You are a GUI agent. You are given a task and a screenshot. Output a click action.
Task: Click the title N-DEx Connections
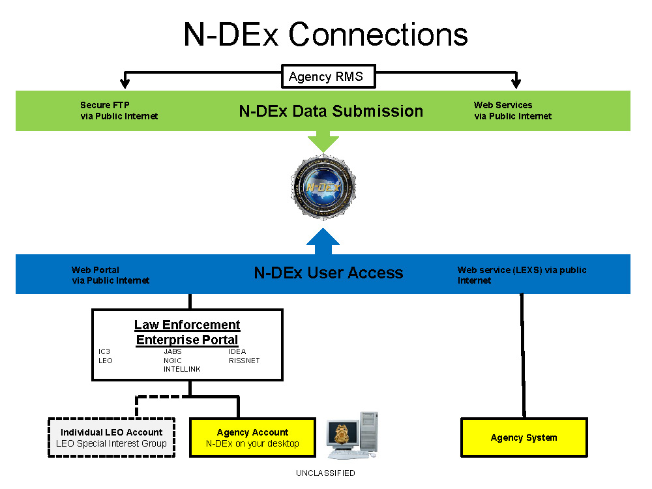click(325, 34)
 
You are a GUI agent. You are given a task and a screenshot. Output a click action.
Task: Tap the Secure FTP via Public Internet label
click(119, 111)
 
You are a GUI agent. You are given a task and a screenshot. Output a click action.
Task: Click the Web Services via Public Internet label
click(512, 111)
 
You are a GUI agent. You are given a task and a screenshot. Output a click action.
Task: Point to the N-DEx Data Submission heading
click(331, 111)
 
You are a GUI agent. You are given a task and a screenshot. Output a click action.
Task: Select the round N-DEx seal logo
click(324, 185)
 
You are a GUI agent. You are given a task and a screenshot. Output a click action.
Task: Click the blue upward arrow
click(323, 241)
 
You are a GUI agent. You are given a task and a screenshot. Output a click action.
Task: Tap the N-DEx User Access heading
click(328, 273)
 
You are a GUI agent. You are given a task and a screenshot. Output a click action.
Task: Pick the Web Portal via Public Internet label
click(110, 275)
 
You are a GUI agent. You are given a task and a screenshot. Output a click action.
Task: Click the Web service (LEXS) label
click(522, 275)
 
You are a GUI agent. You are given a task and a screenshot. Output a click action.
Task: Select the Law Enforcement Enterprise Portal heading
click(187, 333)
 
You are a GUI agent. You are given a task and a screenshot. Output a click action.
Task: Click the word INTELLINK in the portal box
click(182, 369)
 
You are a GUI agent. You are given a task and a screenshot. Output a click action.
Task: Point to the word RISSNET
click(244, 361)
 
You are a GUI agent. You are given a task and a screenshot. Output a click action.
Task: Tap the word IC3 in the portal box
click(104, 352)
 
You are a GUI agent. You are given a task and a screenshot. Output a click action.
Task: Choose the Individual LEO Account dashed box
click(111, 437)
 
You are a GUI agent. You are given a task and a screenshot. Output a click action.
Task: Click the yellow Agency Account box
click(252, 437)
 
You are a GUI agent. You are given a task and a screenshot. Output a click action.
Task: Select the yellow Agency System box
click(524, 437)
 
